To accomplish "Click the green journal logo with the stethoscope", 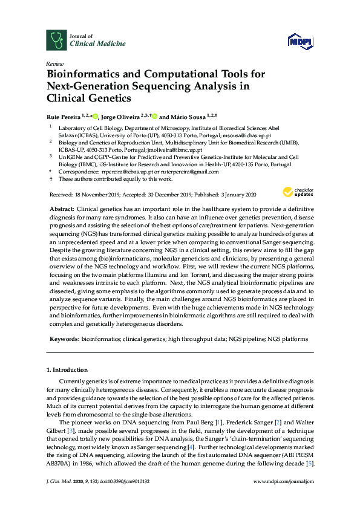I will pyautogui.click(x=56, y=40).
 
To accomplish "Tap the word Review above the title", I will pyautogui.click(x=54, y=63).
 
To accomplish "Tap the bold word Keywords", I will pyautogui.click(x=63, y=339).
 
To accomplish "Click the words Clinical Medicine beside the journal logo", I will pyautogui.click(x=90, y=44).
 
